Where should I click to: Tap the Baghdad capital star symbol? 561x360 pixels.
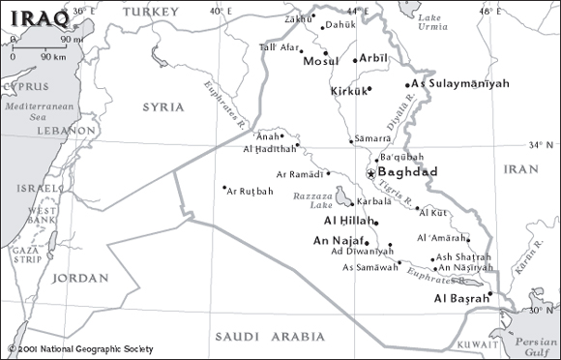369,172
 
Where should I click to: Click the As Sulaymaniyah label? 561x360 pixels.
459,84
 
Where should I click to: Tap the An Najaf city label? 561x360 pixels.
338,239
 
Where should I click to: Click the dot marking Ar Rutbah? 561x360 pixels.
224,188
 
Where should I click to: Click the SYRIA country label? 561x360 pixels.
162,106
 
